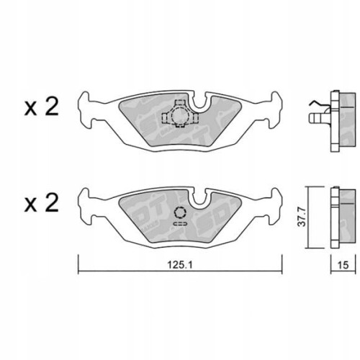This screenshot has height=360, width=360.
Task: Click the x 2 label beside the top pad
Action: click(x=42, y=109)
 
